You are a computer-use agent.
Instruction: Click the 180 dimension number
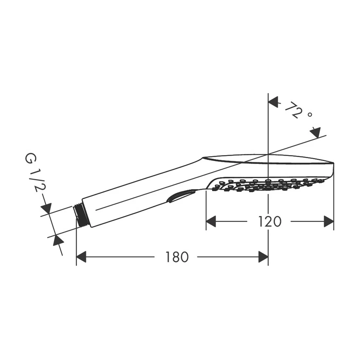pyautogui.click(x=177, y=257)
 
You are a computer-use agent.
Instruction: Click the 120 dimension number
pyautogui.click(x=270, y=222)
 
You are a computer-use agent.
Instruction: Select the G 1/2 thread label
pyautogui.click(x=34, y=173)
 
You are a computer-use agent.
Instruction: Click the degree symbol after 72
pyautogui.click(x=310, y=114)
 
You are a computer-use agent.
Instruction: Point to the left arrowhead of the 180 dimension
pyautogui.click(x=81, y=257)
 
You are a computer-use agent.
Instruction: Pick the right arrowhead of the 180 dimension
pyautogui.click(x=263, y=257)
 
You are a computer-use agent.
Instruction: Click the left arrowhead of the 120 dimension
pyautogui.click(x=211, y=221)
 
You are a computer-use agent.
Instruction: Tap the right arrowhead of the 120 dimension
pyautogui.click(x=329, y=221)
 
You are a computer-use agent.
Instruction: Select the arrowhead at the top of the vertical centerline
pyautogui.click(x=273, y=102)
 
